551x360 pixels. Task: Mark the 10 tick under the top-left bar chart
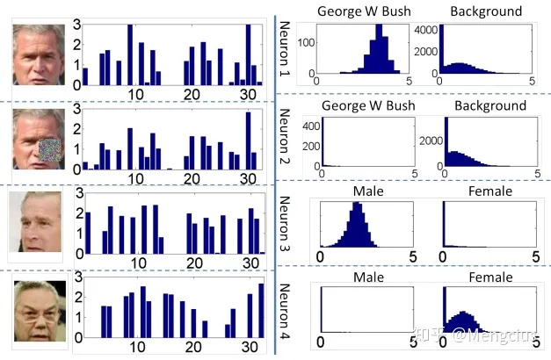click(134, 94)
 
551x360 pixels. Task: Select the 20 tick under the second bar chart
click(191, 178)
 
